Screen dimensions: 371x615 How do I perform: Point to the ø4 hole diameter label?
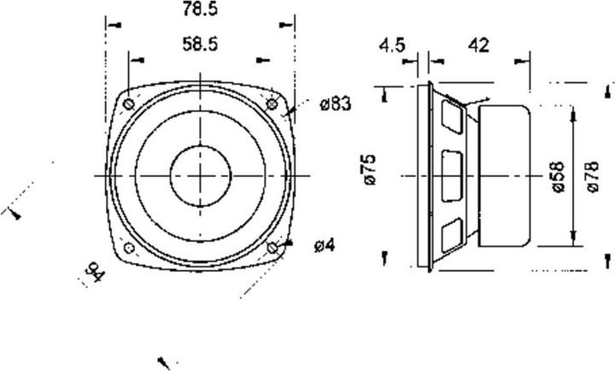[x=324, y=246]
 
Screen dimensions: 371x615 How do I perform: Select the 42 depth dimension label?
[x=479, y=46]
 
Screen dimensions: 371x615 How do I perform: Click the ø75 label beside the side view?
[x=369, y=169]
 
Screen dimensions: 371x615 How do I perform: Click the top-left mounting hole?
[x=128, y=103]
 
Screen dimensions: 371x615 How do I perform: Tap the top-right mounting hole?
[x=272, y=103]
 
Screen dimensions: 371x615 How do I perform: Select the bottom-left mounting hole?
[x=128, y=248]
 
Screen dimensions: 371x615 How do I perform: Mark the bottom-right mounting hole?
[x=272, y=248]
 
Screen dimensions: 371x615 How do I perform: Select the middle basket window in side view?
[x=450, y=174]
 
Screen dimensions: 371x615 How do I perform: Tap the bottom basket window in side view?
[x=452, y=233]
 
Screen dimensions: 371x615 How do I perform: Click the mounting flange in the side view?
[x=425, y=175]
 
